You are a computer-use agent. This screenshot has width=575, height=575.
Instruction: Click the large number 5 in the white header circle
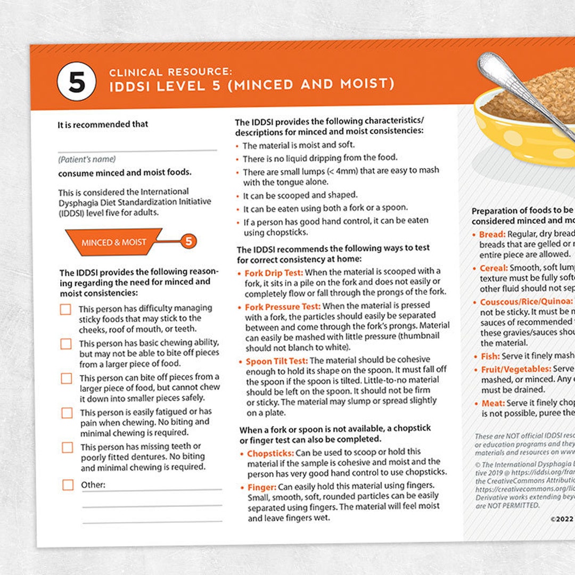coord(76,83)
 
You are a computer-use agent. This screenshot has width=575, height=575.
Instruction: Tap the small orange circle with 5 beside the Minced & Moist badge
coord(188,241)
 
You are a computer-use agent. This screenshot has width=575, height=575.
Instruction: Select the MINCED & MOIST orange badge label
coord(114,243)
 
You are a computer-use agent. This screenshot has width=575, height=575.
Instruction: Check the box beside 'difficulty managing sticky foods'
coord(65,309)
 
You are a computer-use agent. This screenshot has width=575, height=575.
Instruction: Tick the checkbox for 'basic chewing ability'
coord(66,344)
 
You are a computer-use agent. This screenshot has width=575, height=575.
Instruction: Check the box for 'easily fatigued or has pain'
coord(67,413)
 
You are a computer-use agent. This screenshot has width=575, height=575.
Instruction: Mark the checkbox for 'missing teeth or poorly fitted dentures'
coord(67,447)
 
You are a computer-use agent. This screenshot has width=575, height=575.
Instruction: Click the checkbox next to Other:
coord(68,484)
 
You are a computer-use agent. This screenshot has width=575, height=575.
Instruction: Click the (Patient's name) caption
coord(87,159)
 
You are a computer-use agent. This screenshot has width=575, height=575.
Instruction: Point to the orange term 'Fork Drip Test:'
coord(274,273)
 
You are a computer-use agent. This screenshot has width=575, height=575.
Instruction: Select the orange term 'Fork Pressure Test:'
coord(282,307)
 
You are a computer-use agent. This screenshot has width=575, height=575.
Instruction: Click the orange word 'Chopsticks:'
coord(270,454)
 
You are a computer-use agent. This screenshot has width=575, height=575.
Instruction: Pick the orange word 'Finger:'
coord(261,487)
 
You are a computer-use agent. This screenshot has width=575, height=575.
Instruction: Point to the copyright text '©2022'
coord(562,518)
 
